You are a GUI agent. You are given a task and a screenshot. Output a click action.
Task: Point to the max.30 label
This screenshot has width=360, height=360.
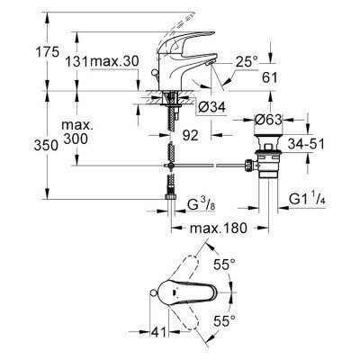(117, 61)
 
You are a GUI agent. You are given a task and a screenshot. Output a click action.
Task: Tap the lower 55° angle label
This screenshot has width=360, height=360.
(247, 320)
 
